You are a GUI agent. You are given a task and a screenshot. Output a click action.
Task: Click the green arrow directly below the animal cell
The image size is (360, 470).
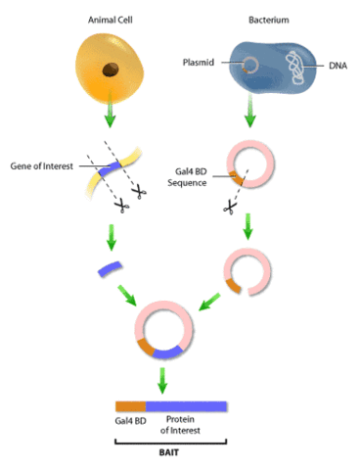click(110, 120)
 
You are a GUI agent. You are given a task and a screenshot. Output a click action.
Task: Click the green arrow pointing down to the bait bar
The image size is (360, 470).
click(167, 379)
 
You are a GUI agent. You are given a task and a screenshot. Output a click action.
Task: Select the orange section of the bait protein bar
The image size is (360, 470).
click(130, 406)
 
